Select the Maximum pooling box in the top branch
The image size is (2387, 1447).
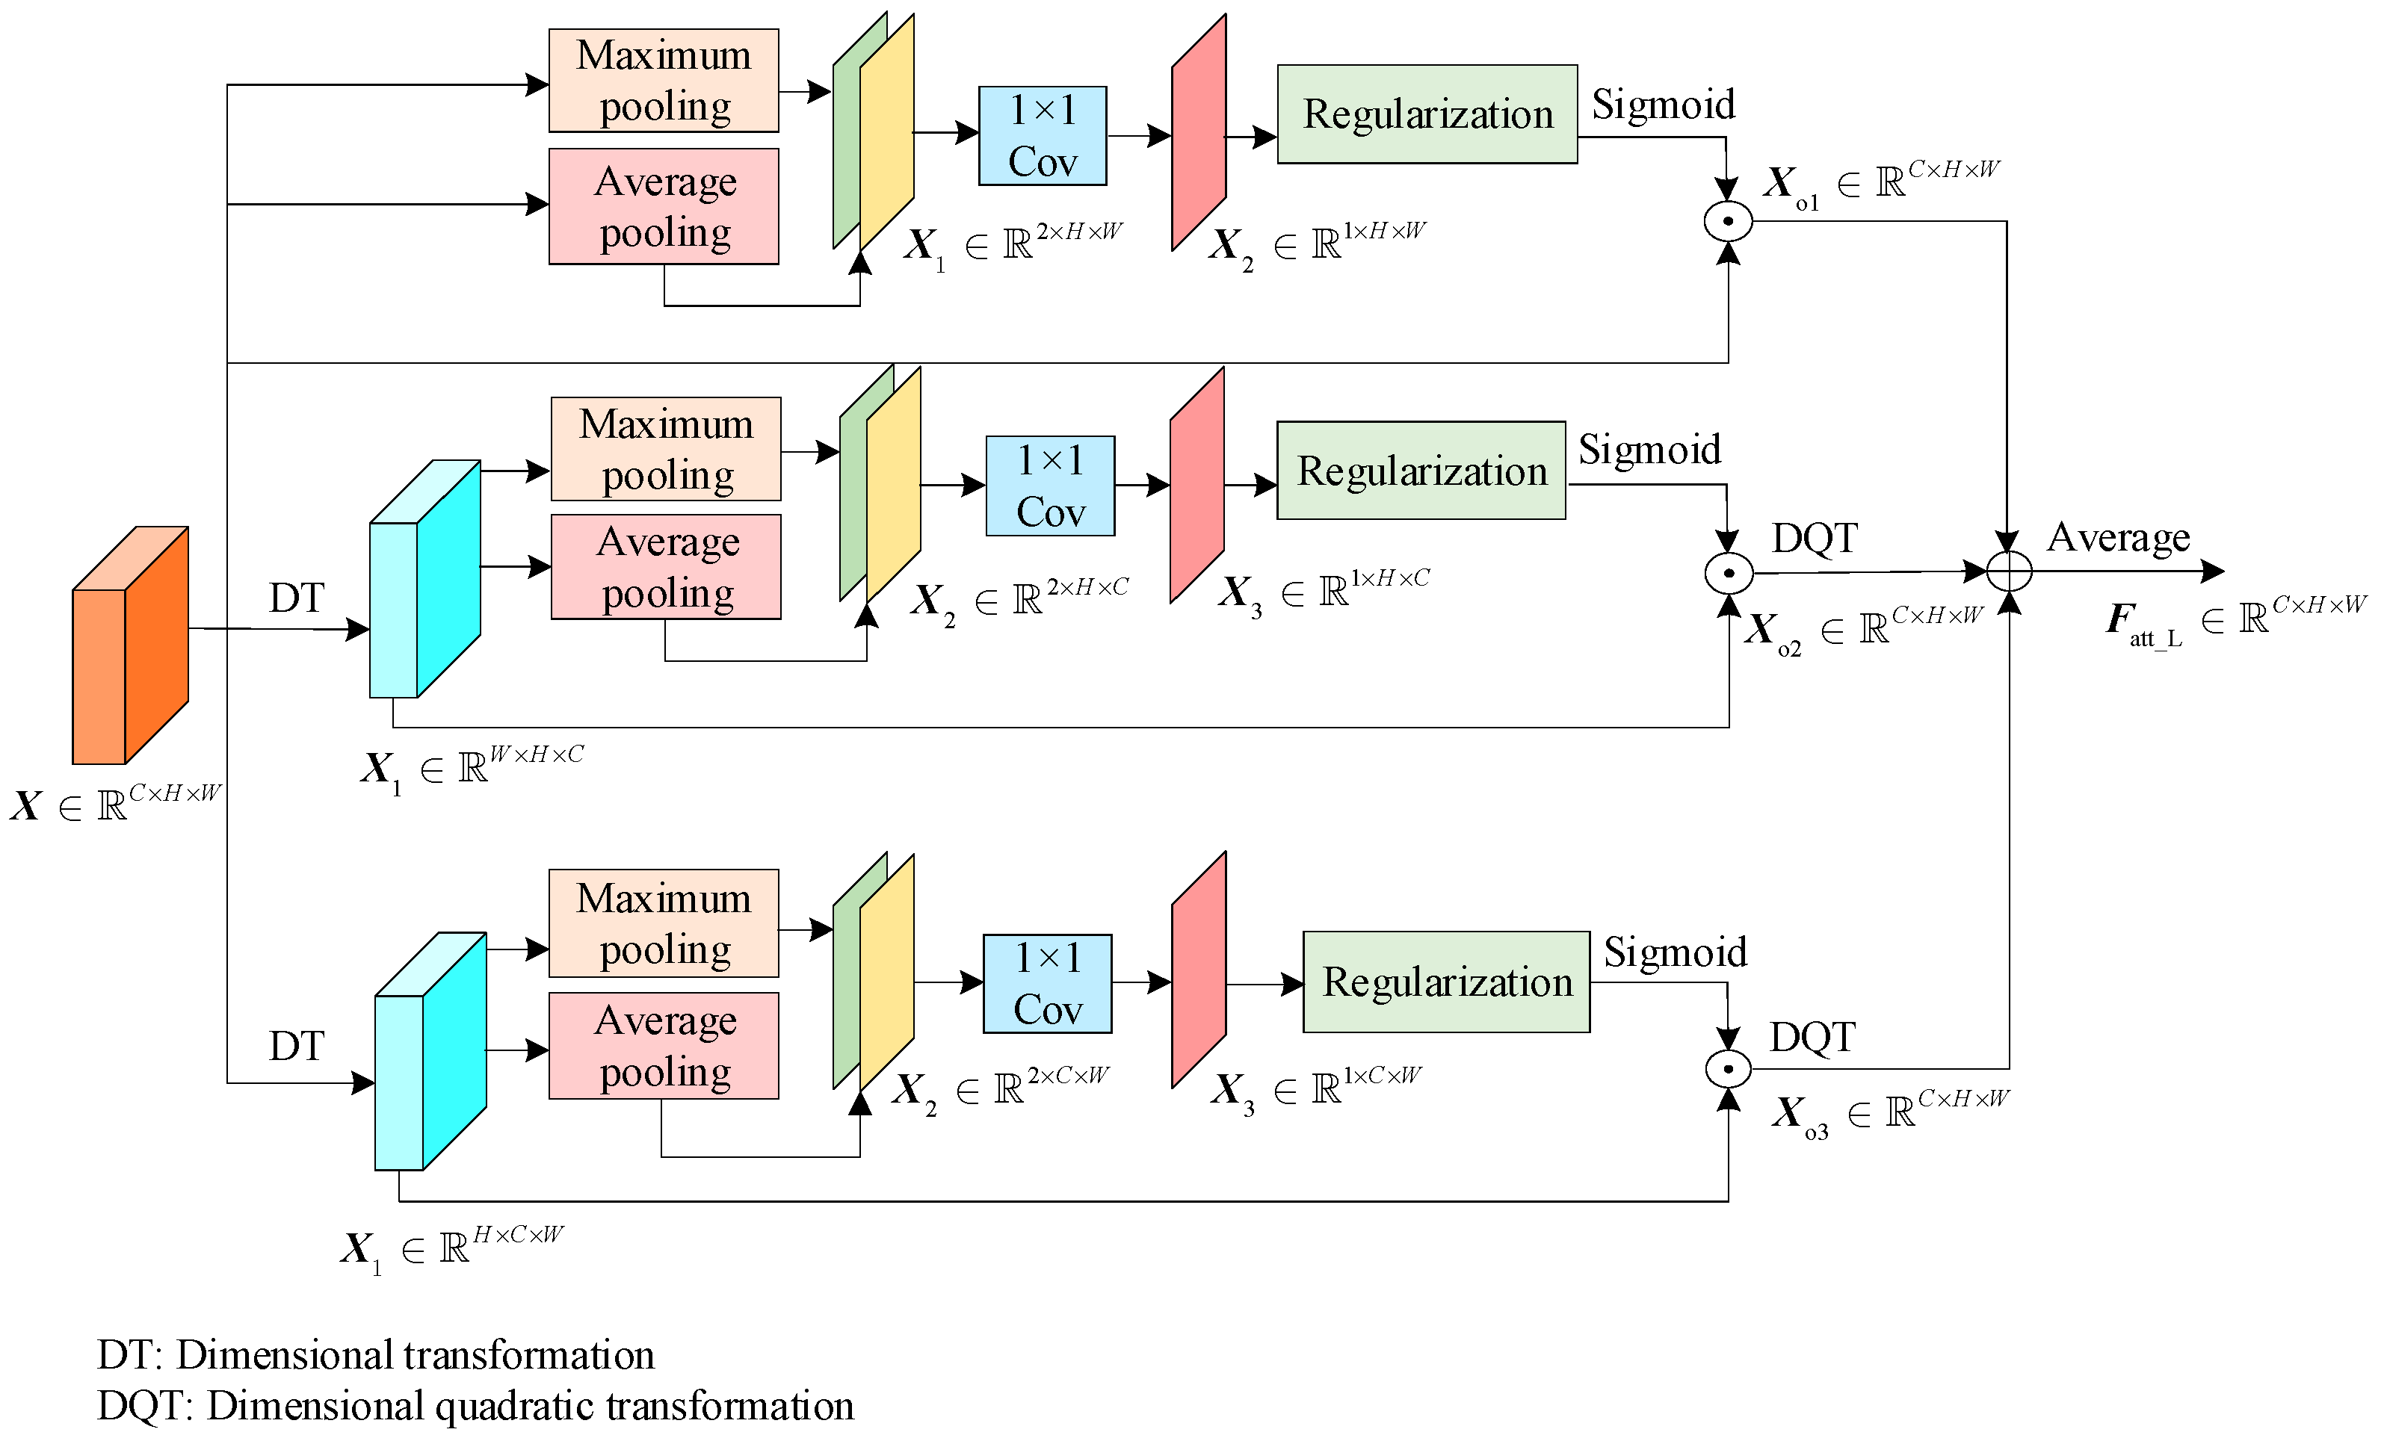click(x=664, y=81)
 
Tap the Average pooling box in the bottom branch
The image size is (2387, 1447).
click(x=664, y=1046)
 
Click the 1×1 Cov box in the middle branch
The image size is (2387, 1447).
click(x=1050, y=486)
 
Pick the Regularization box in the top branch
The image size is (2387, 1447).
click(x=1427, y=114)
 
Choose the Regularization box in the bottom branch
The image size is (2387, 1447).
click(x=1446, y=982)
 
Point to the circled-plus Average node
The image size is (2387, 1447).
click(x=2009, y=571)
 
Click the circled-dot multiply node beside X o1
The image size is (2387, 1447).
click(x=1729, y=222)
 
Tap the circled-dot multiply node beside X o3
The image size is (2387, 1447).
click(x=1729, y=1069)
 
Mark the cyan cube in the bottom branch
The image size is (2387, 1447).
click(x=430, y=1053)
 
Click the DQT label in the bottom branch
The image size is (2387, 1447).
click(x=1812, y=1038)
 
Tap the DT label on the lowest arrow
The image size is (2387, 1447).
click(x=297, y=1046)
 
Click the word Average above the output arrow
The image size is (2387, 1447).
click(x=2118, y=538)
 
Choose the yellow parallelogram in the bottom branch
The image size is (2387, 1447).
click(x=886, y=973)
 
